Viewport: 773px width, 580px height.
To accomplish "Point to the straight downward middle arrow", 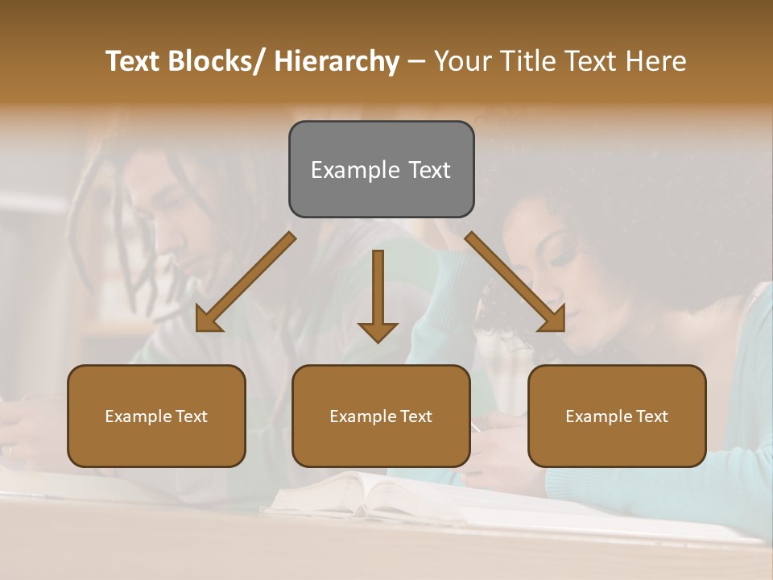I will tap(378, 290).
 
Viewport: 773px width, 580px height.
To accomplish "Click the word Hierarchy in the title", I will tap(337, 61).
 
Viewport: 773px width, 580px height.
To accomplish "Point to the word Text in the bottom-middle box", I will tap(415, 416).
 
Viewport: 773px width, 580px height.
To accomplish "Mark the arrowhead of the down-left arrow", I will tap(208, 321).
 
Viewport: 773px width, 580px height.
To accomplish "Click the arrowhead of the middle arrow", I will tap(378, 331).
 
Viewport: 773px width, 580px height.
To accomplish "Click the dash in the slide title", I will tap(416, 62).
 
